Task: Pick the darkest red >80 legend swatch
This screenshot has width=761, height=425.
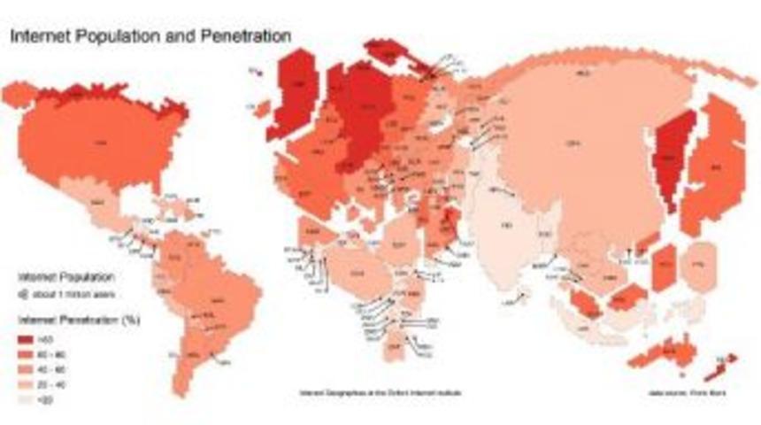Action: point(27,337)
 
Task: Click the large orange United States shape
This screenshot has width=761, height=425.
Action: point(97,142)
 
